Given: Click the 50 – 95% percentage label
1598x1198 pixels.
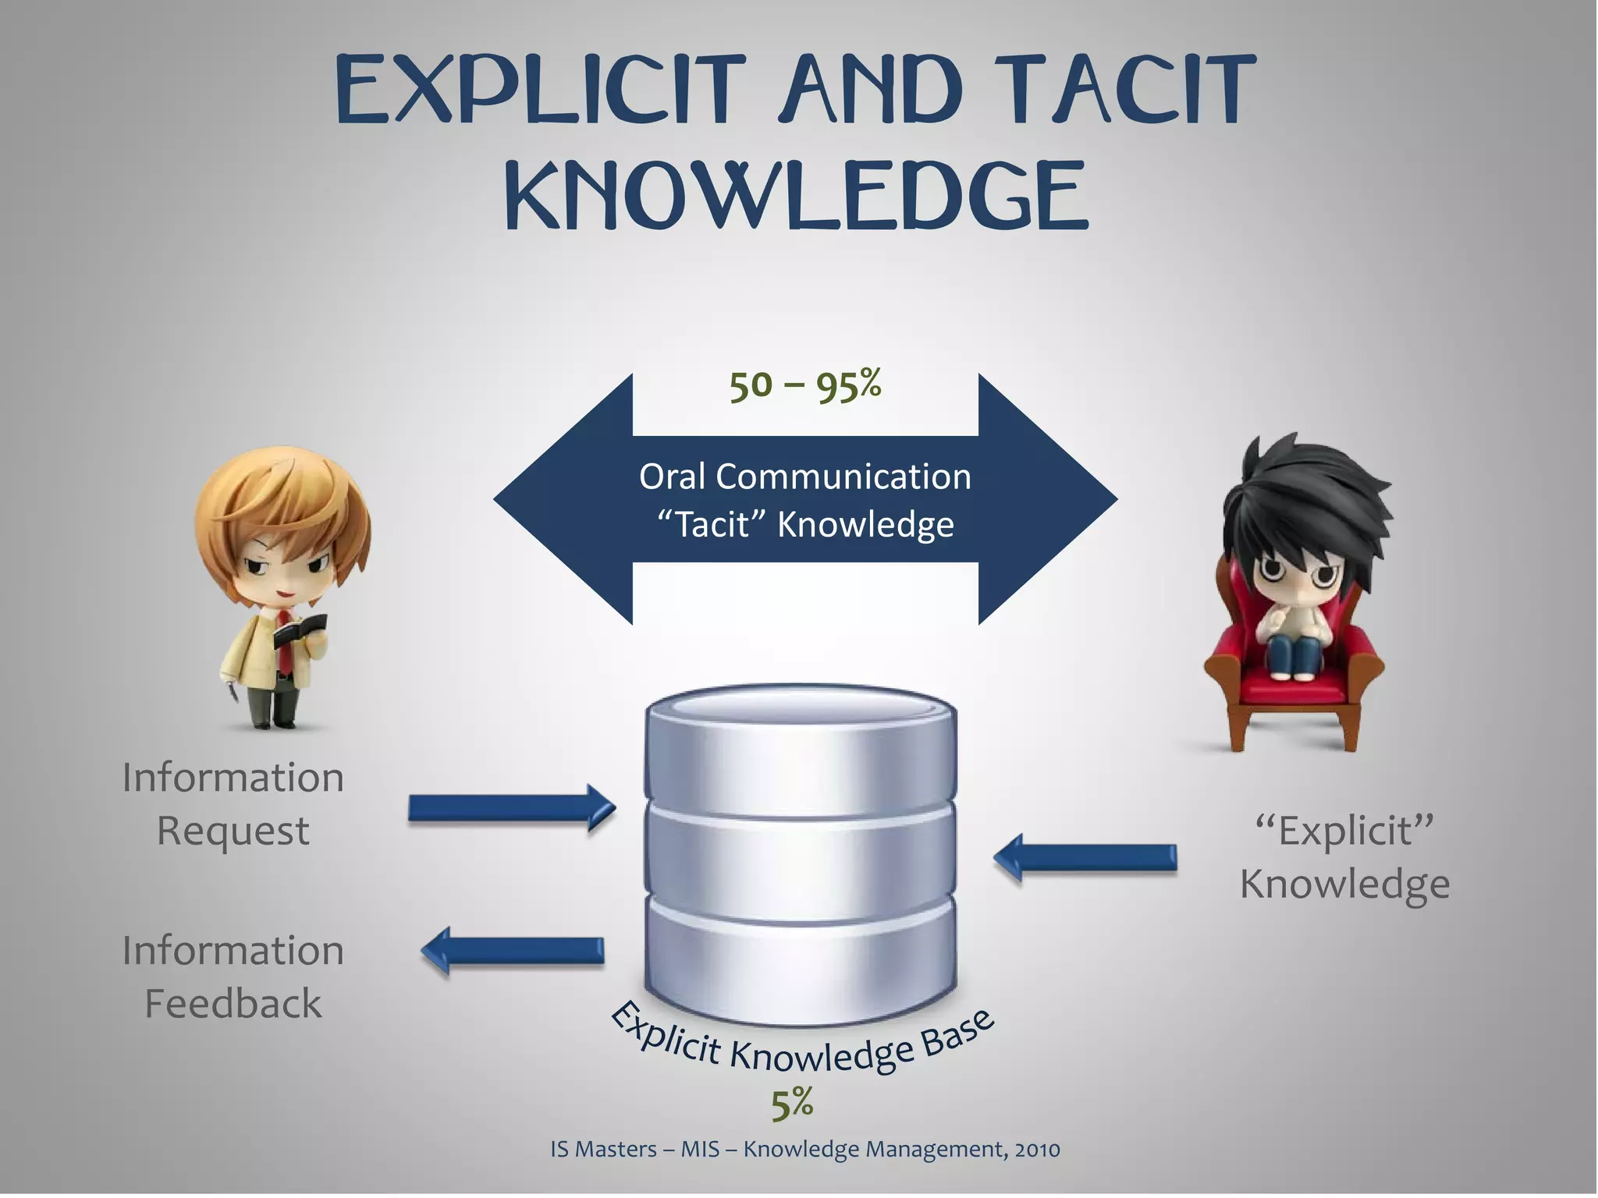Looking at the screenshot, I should click(804, 385).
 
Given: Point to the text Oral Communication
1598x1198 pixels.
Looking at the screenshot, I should click(804, 477).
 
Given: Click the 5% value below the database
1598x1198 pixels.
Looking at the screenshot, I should click(792, 1104).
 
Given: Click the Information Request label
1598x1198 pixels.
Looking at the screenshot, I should click(233, 803).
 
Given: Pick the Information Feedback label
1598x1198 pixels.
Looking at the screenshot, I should click(233, 976).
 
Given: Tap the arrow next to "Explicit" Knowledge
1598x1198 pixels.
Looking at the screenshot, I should click(1085, 858).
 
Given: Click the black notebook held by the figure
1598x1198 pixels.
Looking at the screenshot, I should click(300, 629).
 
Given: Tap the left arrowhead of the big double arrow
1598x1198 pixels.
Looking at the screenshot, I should click(562, 499).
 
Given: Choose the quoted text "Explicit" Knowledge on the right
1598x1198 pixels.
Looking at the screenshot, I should click(1344, 856).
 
